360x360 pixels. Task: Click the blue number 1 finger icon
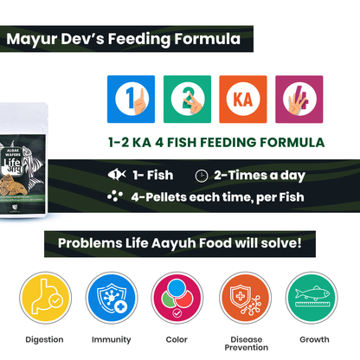(x=131, y=100)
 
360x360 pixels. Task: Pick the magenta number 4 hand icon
(x=299, y=100)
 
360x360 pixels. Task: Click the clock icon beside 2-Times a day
(x=202, y=175)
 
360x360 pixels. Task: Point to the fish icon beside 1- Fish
(x=115, y=175)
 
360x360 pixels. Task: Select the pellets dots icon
(x=115, y=196)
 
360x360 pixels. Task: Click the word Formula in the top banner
(x=207, y=39)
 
